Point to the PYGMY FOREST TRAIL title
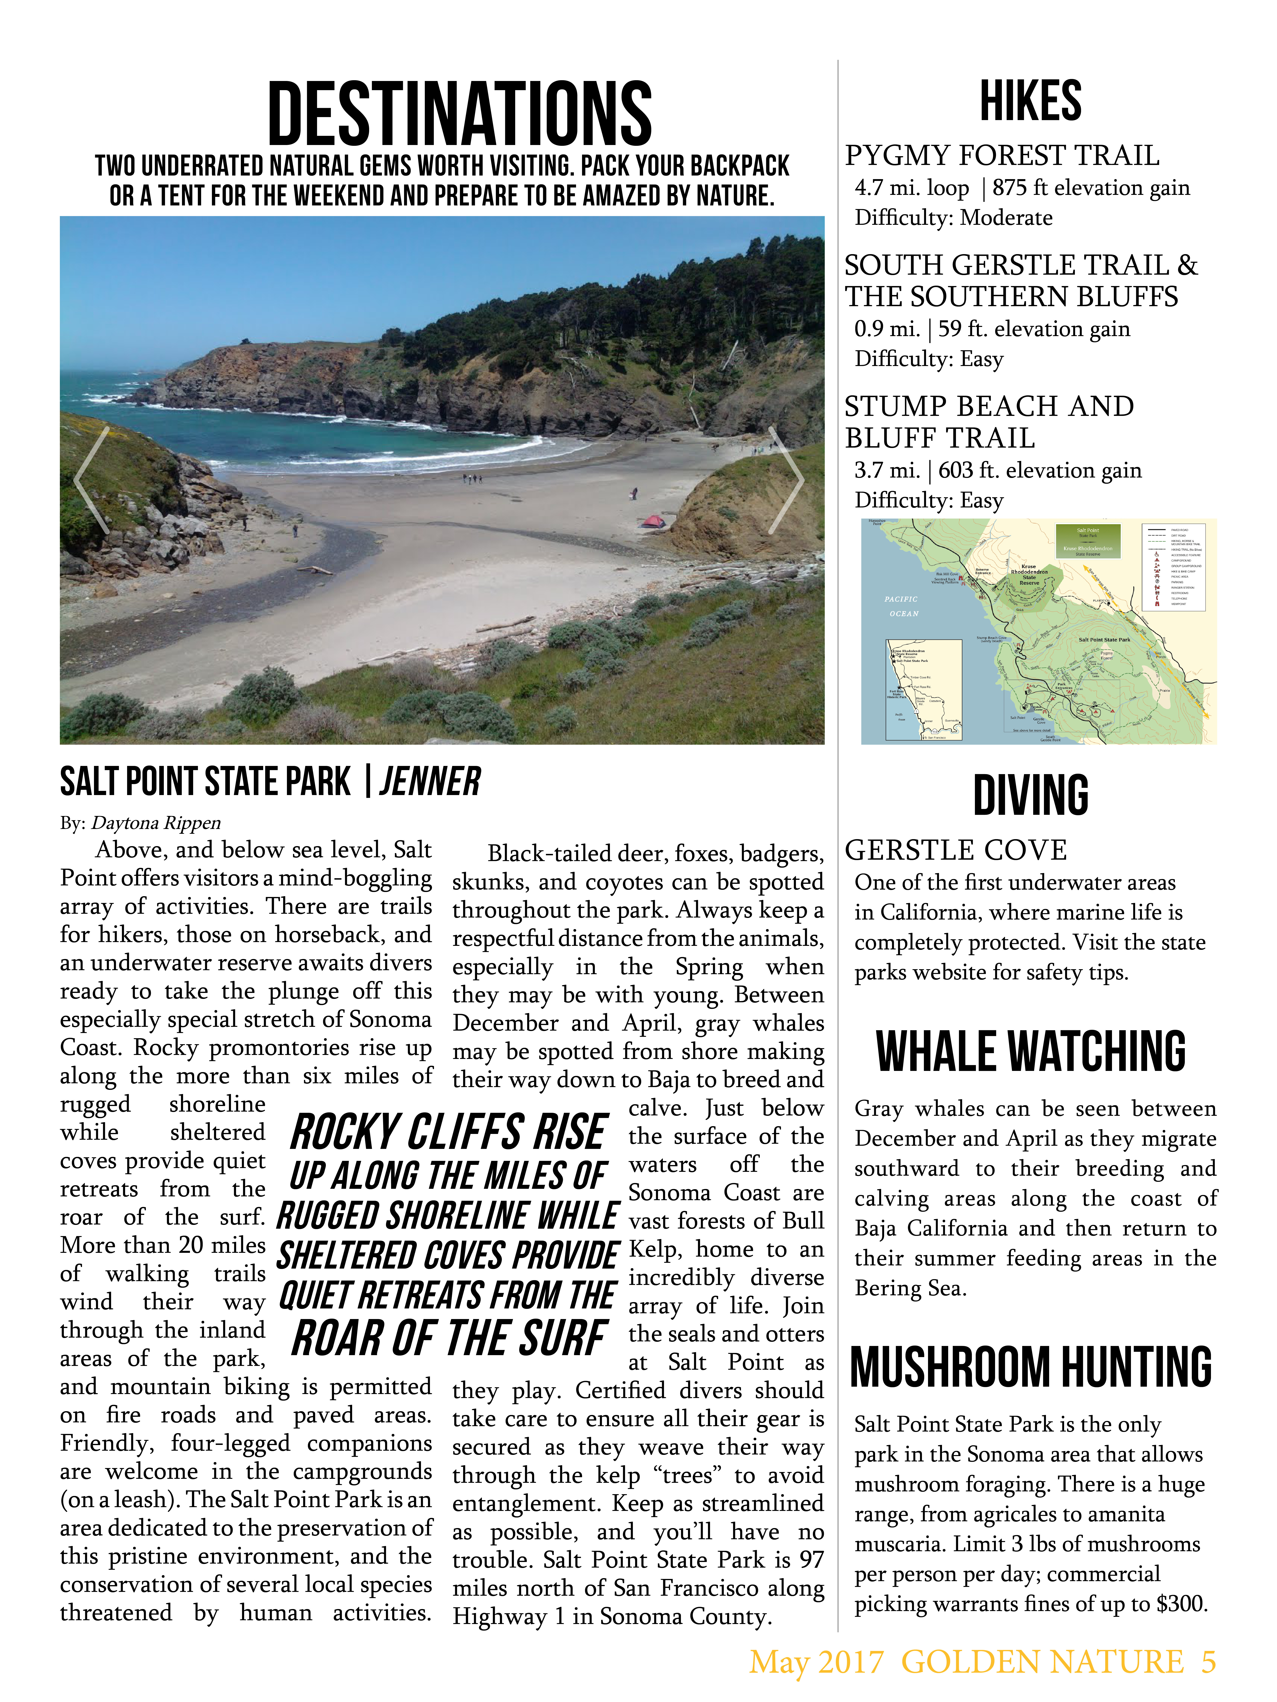click(x=1001, y=155)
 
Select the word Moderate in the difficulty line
click(x=1006, y=218)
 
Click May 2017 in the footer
click(x=816, y=1662)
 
